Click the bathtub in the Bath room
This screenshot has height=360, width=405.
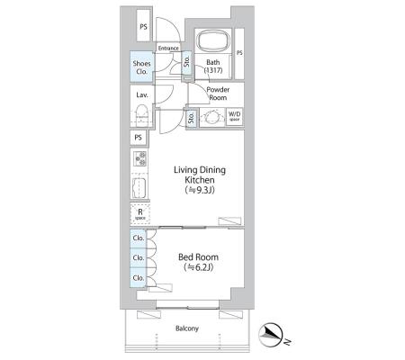click(x=213, y=41)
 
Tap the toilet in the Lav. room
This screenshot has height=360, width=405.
click(x=141, y=114)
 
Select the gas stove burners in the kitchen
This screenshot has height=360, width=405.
click(x=140, y=158)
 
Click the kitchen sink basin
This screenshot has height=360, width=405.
click(x=139, y=188)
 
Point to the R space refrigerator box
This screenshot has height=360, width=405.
click(x=140, y=214)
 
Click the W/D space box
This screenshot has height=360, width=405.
click(x=234, y=117)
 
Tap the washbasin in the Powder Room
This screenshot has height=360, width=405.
click(x=212, y=117)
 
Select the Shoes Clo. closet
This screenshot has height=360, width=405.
click(x=141, y=67)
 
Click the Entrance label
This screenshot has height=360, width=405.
click(x=168, y=48)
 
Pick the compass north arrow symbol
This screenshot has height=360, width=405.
click(x=271, y=335)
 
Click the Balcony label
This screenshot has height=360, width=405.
click(x=187, y=328)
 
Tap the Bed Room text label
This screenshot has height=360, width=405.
click(x=198, y=257)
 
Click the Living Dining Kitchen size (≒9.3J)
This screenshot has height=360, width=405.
click(x=200, y=190)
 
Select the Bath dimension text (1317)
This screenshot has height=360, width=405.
click(x=213, y=70)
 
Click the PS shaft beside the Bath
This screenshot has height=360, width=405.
click(x=239, y=54)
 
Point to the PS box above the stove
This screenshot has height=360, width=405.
click(x=139, y=138)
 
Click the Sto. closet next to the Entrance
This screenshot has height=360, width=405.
click(x=187, y=62)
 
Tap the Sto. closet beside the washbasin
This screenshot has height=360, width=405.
click(x=192, y=117)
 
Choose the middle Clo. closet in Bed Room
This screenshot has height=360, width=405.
click(x=139, y=257)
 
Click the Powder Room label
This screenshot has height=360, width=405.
click(x=218, y=94)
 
